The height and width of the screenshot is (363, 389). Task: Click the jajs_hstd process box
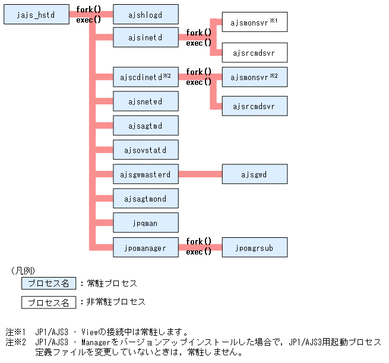(x=37, y=15)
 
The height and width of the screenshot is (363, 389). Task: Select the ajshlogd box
(x=146, y=15)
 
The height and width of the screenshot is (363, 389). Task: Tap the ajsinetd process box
(x=146, y=37)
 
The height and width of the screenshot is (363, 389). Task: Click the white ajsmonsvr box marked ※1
(x=254, y=24)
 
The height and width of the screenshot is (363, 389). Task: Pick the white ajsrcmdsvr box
(x=254, y=53)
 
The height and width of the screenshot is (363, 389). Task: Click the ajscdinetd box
(x=146, y=77)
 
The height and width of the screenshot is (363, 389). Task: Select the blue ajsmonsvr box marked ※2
(x=254, y=77)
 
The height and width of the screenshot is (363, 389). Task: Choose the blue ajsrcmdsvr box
(x=254, y=106)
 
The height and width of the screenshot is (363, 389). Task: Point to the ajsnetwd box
(x=146, y=101)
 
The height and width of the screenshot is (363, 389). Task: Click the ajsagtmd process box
(x=146, y=126)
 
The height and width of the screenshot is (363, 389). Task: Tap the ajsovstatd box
(x=146, y=150)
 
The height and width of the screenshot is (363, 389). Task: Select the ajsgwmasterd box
(x=146, y=174)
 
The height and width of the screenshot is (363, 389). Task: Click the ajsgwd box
(x=254, y=174)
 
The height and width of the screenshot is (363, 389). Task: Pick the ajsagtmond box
(x=146, y=198)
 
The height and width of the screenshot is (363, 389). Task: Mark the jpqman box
(x=146, y=222)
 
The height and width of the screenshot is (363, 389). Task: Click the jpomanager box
(x=146, y=247)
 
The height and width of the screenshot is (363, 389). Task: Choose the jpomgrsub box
(x=254, y=247)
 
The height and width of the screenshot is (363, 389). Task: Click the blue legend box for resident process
(x=49, y=284)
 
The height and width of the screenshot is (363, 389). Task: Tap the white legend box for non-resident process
(x=49, y=302)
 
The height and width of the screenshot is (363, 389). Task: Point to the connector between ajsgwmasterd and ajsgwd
(x=200, y=174)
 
